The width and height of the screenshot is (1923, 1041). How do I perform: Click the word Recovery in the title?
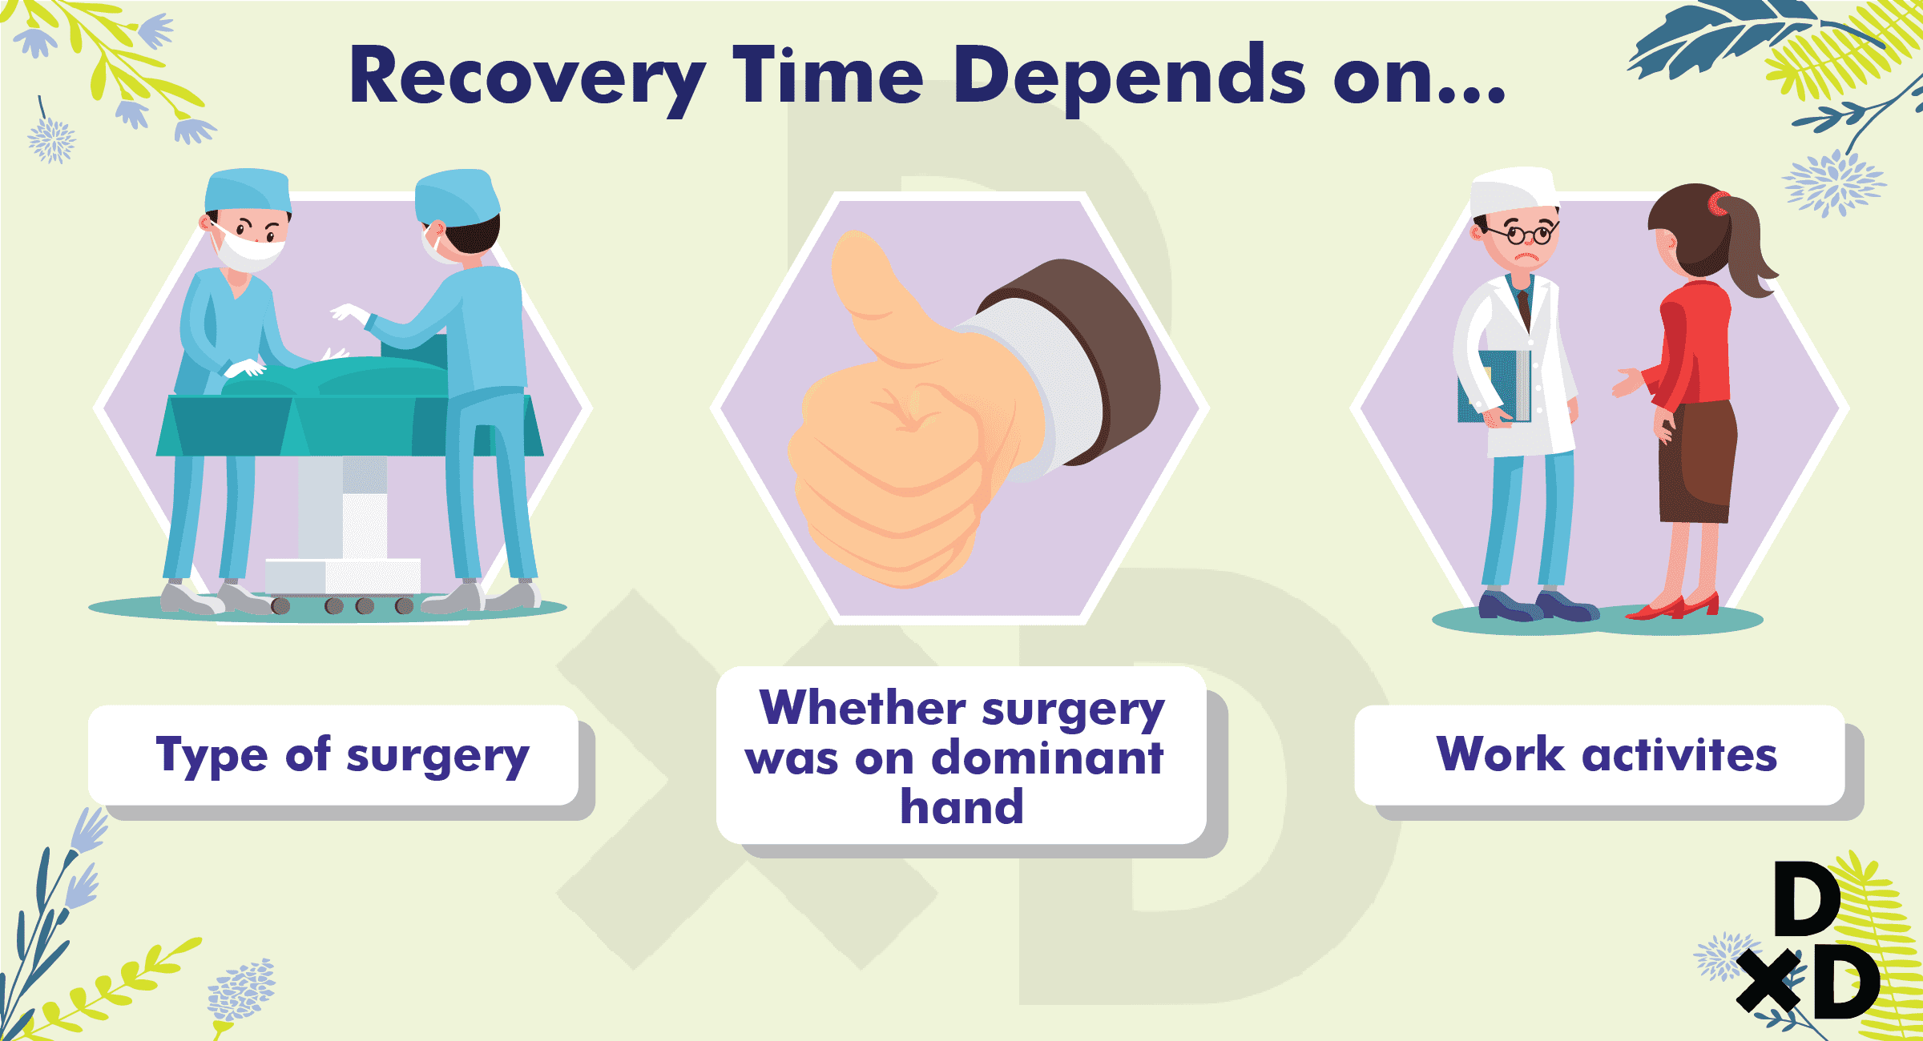(x=528, y=78)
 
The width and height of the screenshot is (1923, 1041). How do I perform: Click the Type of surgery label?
(x=342, y=755)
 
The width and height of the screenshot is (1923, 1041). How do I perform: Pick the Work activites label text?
(x=1607, y=754)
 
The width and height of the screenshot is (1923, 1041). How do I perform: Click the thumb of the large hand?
(x=873, y=296)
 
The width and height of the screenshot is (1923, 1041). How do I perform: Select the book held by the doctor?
(x=1494, y=386)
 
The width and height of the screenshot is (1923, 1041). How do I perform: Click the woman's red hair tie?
(x=1716, y=203)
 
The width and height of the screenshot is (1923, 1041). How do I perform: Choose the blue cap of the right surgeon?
(x=457, y=195)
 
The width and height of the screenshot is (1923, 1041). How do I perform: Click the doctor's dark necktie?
(x=1524, y=309)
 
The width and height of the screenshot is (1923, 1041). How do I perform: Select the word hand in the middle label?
(x=962, y=806)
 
